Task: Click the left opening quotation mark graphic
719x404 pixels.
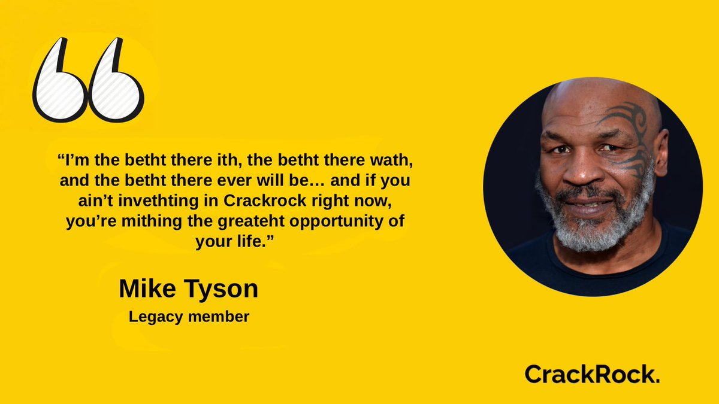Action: tap(58, 84)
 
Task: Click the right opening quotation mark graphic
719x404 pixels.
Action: tap(114, 84)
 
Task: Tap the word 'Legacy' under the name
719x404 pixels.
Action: tap(155, 317)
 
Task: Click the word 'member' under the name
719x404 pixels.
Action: tap(218, 317)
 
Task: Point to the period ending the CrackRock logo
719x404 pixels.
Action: tap(657, 380)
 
